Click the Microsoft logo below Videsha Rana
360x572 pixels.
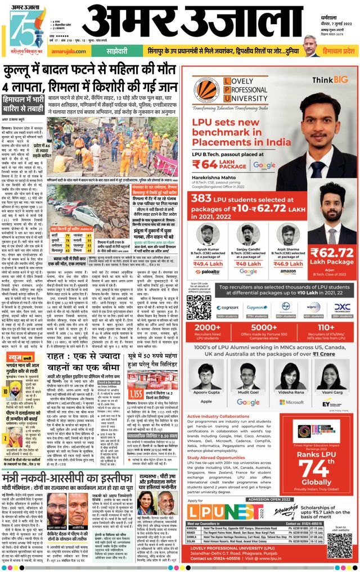[x=291, y=402]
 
